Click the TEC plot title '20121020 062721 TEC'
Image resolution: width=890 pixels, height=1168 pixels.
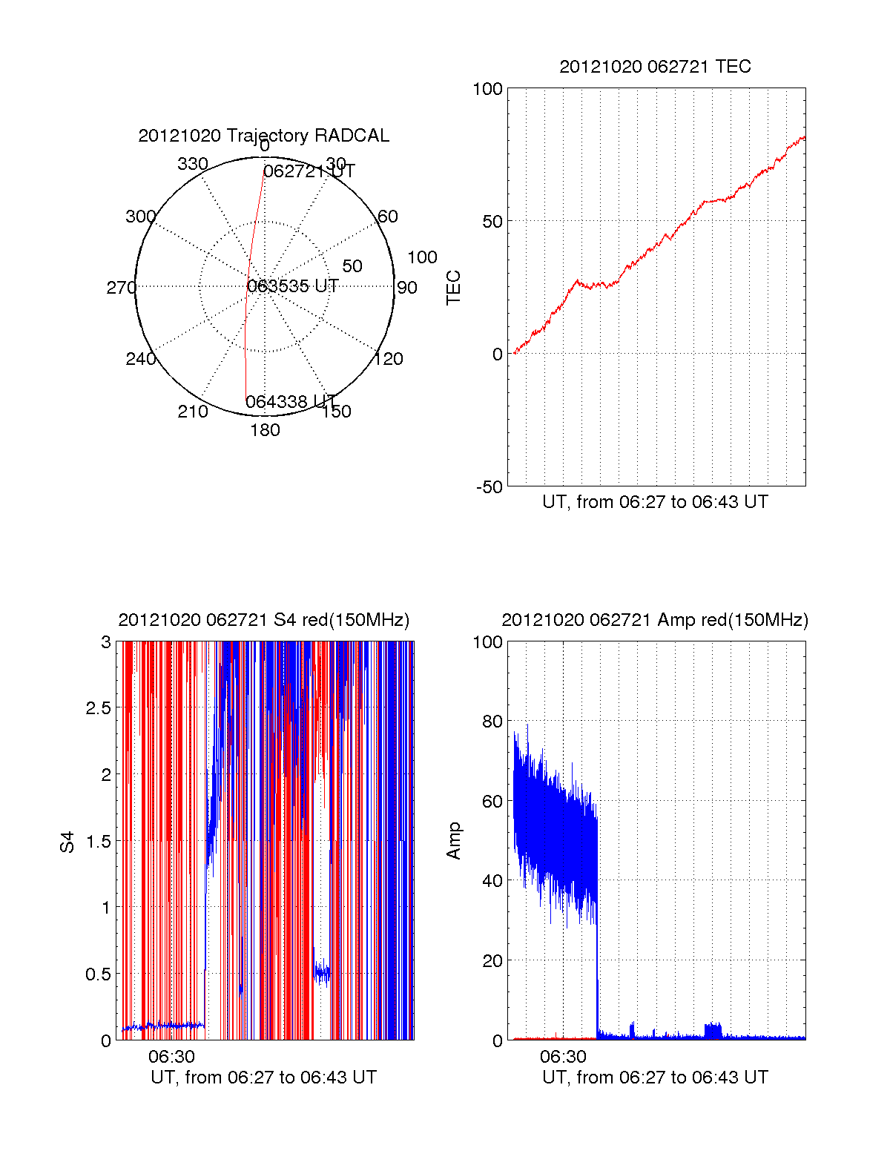click(x=655, y=67)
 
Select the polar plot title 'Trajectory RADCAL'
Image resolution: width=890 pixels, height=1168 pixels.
click(x=263, y=136)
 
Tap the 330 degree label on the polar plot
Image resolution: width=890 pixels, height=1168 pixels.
click(x=192, y=164)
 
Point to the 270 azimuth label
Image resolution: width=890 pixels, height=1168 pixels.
click(x=121, y=288)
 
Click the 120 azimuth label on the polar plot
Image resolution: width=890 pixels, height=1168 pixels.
click(x=389, y=359)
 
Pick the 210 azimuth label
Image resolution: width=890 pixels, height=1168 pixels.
click(x=192, y=412)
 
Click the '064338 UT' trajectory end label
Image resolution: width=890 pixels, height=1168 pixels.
click(x=291, y=402)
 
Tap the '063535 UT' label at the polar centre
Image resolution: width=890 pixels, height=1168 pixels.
click(x=293, y=286)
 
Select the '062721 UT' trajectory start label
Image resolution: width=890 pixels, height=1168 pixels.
click(x=309, y=171)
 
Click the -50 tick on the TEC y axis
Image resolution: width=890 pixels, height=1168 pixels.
click(x=489, y=487)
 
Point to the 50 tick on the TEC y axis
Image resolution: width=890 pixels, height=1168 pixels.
click(x=492, y=222)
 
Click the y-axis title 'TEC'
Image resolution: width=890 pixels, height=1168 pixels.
click(x=454, y=288)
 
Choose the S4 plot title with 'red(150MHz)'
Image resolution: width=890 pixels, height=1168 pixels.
click(x=263, y=620)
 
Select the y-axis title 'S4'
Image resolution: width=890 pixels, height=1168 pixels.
click(x=67, y=842)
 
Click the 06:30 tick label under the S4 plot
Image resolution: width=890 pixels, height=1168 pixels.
click(x=171, y=1057)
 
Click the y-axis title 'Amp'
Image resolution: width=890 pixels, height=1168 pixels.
click(x=454, y=841)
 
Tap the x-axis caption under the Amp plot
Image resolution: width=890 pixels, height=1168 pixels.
click(x=655, y=1078)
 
